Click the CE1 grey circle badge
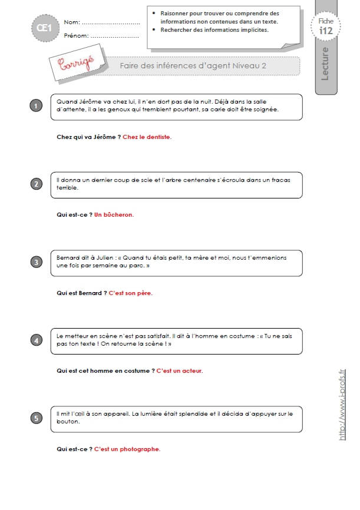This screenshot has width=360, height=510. coord(45,28)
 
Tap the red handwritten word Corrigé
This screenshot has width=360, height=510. coord(76,63)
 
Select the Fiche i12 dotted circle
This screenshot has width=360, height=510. coord(326,26)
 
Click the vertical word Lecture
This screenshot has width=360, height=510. coord(325,64)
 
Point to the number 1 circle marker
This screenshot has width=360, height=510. coord(36,105)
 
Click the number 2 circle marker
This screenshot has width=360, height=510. coord(36,184)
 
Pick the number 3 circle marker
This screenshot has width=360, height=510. coord(36,262)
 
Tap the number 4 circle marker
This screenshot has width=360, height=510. coord(36,340)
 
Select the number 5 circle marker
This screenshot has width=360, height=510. coord(36,418)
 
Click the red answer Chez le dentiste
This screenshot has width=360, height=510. coord(147,137)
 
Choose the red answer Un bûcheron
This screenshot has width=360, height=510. coord(114,215)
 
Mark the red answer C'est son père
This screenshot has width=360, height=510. coord(131,293)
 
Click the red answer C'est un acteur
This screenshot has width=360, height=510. coord(180,371)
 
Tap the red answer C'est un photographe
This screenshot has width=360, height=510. coord(127,449)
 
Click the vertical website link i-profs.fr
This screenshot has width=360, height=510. coord(342,405)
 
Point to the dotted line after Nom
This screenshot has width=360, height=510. coord(111,24)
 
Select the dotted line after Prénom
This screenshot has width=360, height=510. coord(115,37)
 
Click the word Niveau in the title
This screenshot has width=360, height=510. coord(246,65)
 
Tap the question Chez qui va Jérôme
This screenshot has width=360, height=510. coord(89,137)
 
